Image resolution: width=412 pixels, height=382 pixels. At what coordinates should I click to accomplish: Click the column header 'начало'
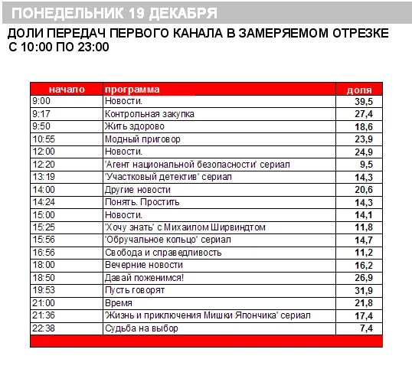[67, 89]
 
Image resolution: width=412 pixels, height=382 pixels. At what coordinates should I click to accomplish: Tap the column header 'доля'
[359, 89]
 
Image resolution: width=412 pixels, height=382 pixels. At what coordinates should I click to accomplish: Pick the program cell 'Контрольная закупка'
[149, 114]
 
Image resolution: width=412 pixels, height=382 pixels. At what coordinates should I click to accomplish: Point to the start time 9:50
[41, 126]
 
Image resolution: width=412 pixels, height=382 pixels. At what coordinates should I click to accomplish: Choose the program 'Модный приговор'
[142, 139]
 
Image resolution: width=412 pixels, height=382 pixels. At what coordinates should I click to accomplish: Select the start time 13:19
[44, 177]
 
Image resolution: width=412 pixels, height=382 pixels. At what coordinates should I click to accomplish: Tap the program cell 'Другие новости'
[137, 189]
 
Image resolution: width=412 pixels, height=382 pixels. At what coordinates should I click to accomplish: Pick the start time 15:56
[44, 240]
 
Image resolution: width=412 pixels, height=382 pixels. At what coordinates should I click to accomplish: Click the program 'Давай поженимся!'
[144, 277]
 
